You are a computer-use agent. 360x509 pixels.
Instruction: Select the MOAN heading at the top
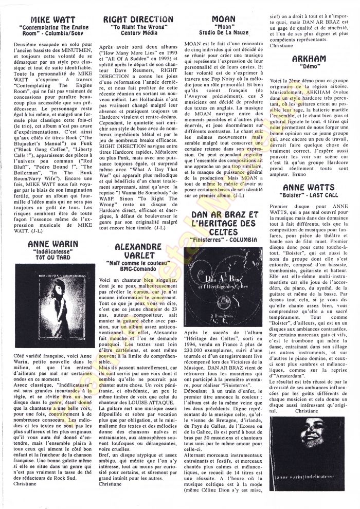[x=224, y=19]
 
